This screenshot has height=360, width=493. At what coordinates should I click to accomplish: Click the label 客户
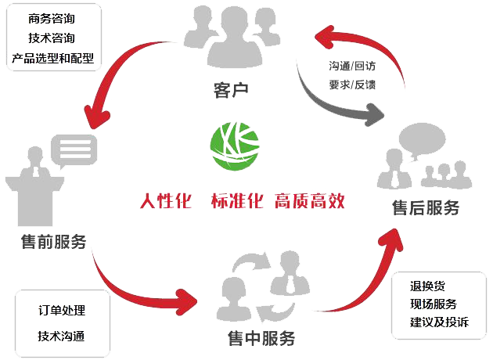(x=231, y=90)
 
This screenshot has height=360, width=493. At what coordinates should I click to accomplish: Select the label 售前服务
(x=54, y=241)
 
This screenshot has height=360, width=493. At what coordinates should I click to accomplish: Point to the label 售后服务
(x=425, y=208)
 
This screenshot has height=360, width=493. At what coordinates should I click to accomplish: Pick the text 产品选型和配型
(x=52, y=58)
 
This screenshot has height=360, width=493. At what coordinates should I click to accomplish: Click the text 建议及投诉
(x=438, y=322)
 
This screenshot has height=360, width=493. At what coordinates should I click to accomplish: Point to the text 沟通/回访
(x=352, y=65)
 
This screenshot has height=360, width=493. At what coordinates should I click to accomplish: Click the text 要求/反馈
(x=352, y=84)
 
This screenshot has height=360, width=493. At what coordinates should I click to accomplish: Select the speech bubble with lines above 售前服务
(x=74, y=147)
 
